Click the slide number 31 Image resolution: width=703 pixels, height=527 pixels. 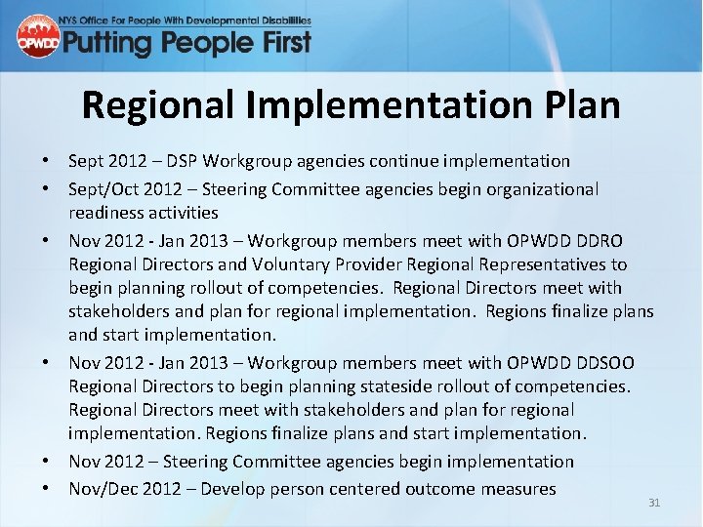click(654, 503)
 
